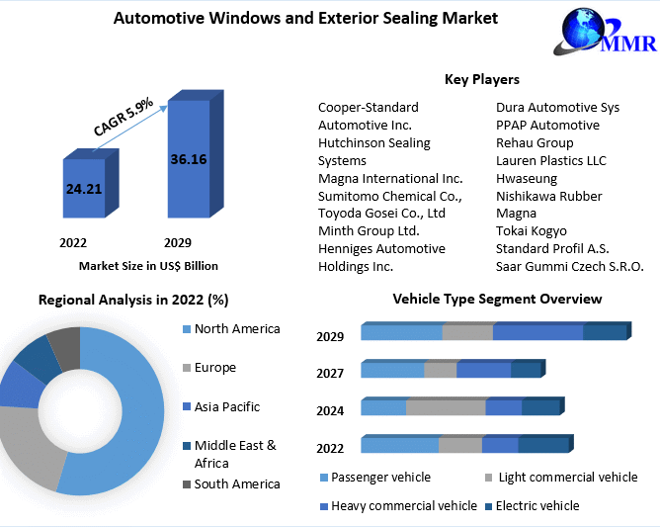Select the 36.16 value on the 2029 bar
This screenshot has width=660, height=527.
tap(188, 158)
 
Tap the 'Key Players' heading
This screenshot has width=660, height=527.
tap(481, 79)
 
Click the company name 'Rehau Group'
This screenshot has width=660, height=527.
tap(535, 142)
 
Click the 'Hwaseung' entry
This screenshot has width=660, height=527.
tap(527, 178)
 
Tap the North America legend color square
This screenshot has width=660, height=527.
tap(186, 329)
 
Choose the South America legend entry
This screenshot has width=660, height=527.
tap(236, 483)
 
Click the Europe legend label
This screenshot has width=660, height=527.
tap(214, 368)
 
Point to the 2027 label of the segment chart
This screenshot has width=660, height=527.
tap(330, 373)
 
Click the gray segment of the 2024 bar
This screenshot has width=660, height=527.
tap(446, 407)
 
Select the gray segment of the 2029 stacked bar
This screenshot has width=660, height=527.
tap(466, 333)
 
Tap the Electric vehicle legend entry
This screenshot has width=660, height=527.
tap(538, 505)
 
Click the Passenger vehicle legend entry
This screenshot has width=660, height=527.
tap(379, 478)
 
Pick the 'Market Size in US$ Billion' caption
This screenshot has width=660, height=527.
tap(148, 266)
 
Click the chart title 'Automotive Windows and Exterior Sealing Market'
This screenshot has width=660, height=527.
tap(305, 18)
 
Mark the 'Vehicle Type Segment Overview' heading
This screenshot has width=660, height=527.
tap(496, 299)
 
